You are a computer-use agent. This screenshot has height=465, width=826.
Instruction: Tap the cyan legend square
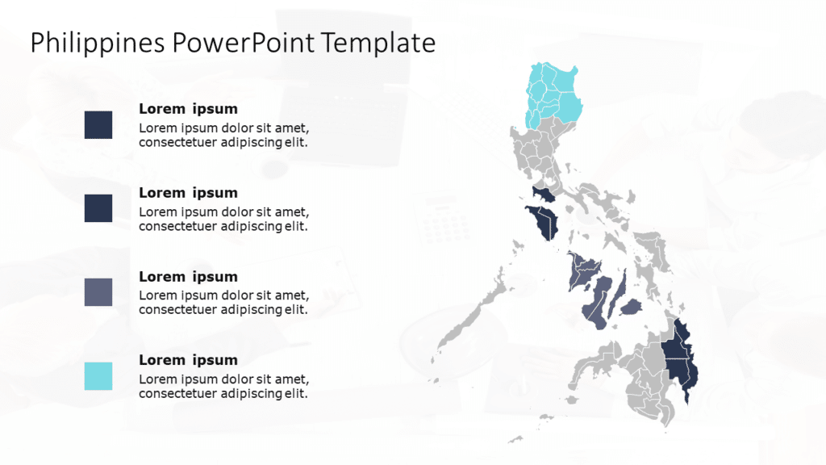coord(98,376)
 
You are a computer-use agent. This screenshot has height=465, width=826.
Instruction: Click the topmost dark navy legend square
coord(98,125)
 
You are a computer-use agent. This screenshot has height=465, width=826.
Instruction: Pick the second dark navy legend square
coord(98,208)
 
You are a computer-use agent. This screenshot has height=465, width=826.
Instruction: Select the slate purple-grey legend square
coord(98,292)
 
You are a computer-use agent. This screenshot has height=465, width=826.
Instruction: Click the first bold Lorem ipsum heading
coord(188,109)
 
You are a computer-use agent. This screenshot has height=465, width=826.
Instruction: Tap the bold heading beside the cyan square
coord(188,360)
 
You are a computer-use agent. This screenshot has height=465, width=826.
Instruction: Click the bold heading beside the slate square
coord(188,276)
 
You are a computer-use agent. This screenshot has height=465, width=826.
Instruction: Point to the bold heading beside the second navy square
coord(188,193)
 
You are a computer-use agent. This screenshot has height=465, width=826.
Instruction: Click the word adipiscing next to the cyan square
coord(251,393)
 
